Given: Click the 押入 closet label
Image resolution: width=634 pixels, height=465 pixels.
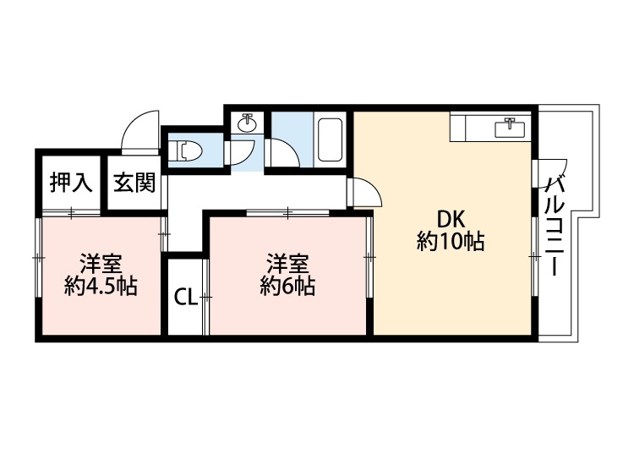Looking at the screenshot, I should point(70,183).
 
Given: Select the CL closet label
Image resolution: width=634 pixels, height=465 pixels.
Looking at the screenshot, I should point(185,297).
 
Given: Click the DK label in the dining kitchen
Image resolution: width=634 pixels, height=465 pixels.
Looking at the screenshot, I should point(450,216).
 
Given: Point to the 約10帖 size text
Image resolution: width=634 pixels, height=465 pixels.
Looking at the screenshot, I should point(450,242).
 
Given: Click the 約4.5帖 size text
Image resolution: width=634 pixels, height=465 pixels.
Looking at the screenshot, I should point(101,286).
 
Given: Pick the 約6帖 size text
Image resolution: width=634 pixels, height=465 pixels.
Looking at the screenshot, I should point(287,286).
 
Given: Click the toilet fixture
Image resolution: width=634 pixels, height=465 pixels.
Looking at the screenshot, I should point(187,151).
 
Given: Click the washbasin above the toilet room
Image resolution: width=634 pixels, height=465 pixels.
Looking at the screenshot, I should point(249,124).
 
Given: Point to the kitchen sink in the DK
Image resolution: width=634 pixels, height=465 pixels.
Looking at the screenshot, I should point(510,128).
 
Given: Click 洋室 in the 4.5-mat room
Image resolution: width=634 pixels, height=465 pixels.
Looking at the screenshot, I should point(100,260).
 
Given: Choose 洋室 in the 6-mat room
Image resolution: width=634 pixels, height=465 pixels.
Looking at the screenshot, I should point(287,260).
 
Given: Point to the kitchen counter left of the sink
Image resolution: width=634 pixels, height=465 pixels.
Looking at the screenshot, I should point(470,128).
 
